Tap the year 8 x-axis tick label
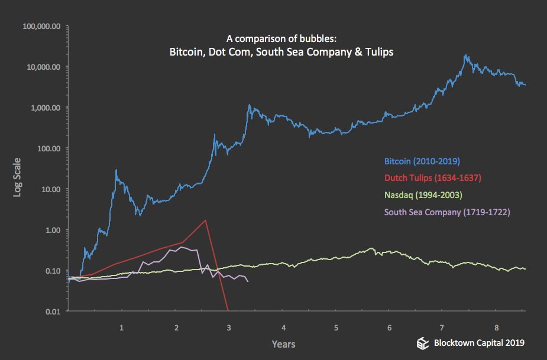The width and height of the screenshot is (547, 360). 497,327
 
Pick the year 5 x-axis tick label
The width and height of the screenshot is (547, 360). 336,327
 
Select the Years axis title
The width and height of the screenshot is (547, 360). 283,343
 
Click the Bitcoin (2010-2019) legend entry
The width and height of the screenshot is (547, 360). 422,161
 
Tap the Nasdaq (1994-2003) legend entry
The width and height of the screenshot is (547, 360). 422,194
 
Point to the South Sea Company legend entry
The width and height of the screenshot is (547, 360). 446,212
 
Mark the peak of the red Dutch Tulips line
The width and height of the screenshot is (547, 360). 205,220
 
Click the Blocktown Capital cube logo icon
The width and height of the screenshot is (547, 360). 422,343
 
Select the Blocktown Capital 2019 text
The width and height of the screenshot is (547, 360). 479,343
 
